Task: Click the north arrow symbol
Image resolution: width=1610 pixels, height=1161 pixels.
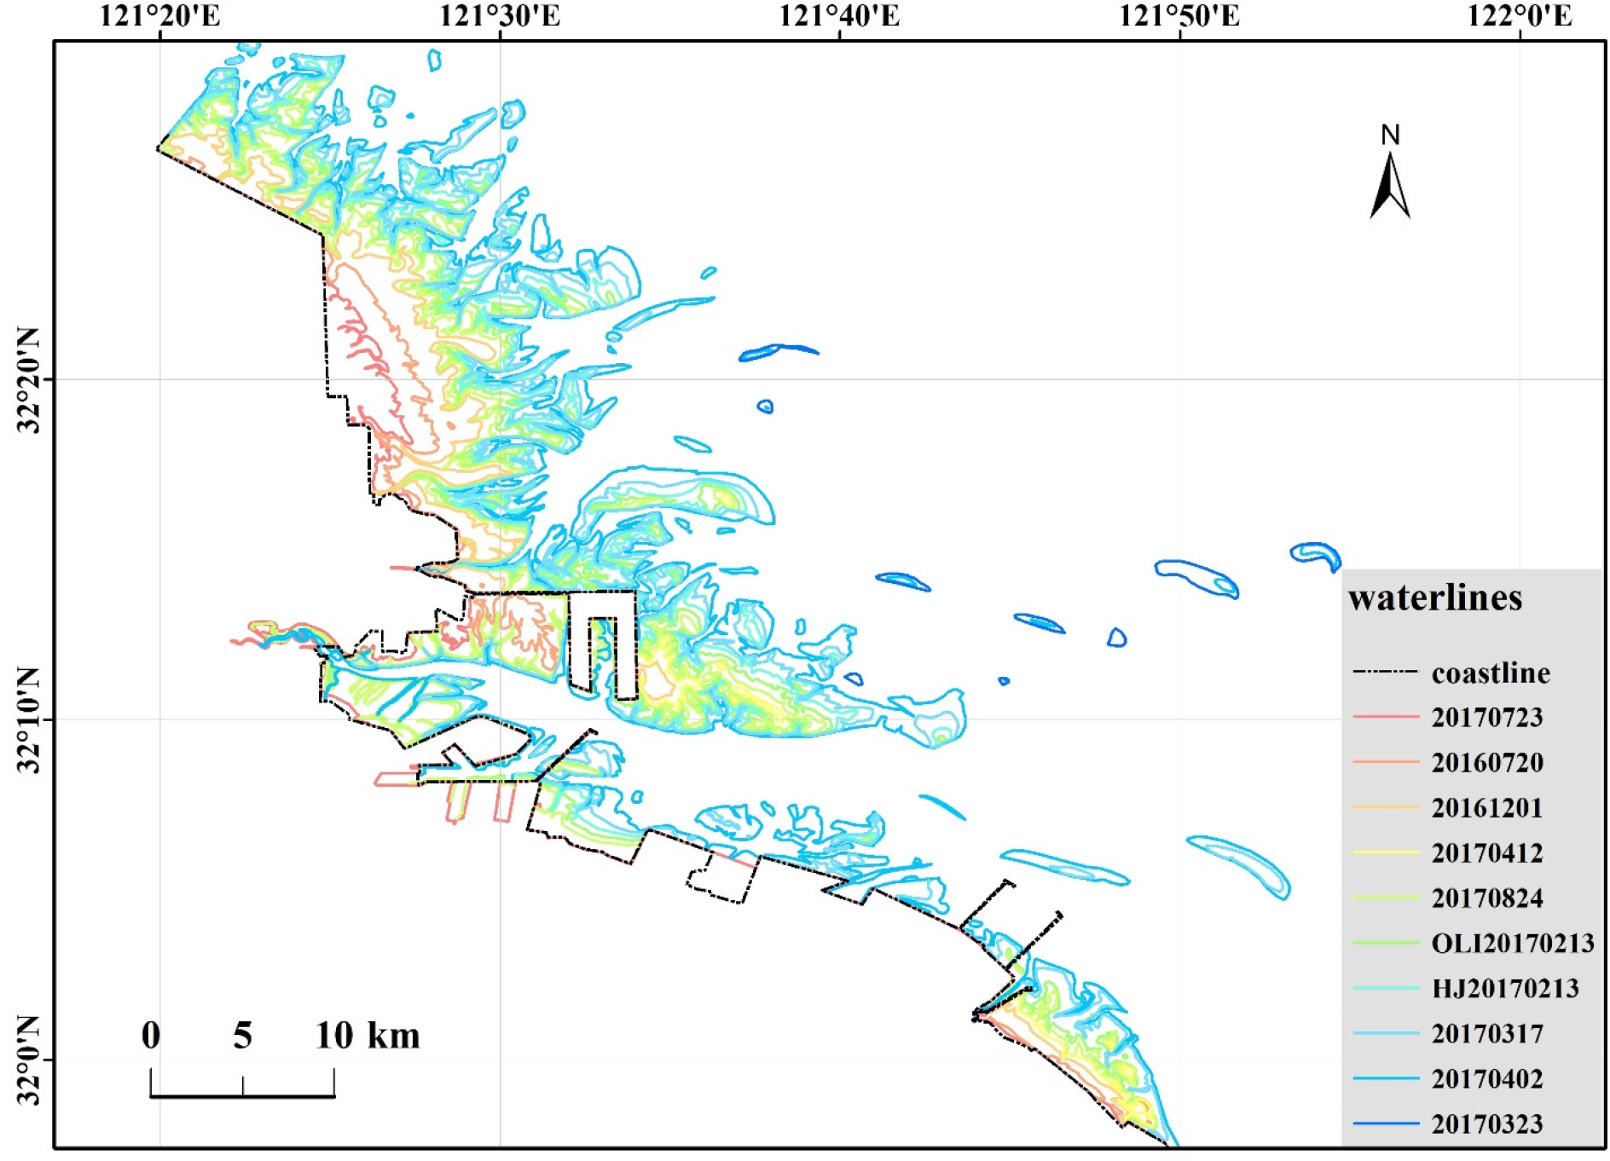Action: (x=1390, y=183)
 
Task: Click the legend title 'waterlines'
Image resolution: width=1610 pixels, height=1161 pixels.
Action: (x=1435, y=598)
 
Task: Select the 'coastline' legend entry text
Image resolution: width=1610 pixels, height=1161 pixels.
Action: (x=1491, y=673)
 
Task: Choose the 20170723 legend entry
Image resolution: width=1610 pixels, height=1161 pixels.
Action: (x=1487, y=718)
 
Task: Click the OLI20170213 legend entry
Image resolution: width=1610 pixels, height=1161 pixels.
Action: (x=1512, y=944)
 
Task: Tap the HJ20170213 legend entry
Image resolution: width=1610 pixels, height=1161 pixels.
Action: (x=1505, y=989)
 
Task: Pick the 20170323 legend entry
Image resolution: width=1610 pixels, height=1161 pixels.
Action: (x=1487, y=1124)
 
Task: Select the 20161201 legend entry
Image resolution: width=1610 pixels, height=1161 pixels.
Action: (x=1487, y=808)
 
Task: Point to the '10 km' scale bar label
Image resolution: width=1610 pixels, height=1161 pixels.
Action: (x=368, y=1036)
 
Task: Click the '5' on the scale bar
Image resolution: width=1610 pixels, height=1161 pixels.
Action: (x=243, y=1036)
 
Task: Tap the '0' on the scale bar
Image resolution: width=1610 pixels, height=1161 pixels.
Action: (x=151, y=1036)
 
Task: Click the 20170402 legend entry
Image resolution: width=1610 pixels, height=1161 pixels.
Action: (x=1487, y=1079)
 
